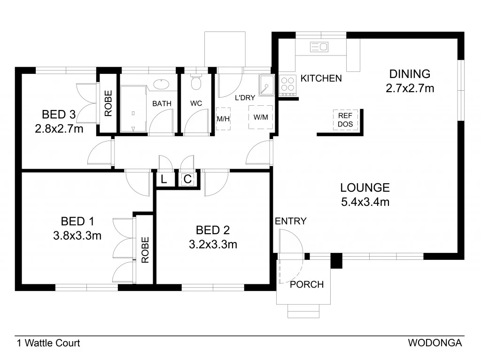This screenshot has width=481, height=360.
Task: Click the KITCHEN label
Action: tap(321, 78)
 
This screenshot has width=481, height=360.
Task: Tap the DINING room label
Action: tap(410, 74)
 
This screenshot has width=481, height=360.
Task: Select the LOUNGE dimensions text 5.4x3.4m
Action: tap(365, 202)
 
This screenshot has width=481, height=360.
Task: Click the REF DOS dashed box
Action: tap(346, 119)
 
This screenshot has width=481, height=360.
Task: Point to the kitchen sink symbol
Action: tap(319, 47)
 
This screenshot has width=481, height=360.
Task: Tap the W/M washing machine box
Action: tap(260, 117)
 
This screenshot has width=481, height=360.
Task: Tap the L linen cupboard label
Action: tap(163, 179)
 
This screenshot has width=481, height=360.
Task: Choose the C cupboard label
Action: tap(187, 179)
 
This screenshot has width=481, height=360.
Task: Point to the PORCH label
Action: tap(307, 284)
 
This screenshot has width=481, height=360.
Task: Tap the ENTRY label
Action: tap(291, 221)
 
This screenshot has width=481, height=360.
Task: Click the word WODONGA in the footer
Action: tap(435, 343)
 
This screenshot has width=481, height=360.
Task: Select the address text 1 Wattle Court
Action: tap(48, 343)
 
